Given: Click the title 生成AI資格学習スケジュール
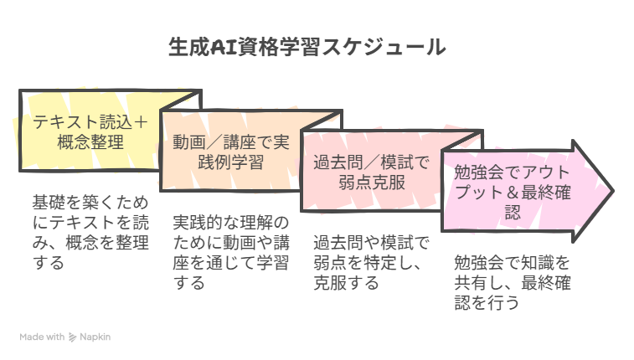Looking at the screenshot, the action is pyautogui.click(x=307, y=47).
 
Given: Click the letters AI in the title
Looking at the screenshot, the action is pyautogui.click(x=224, y=47).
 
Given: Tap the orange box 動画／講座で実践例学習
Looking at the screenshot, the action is pyautogui.click(x=231, y=152).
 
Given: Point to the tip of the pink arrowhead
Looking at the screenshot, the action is pyautogui.click(x=614, y=191).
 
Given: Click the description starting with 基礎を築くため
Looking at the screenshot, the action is pyautogui.click(x=90, y=232).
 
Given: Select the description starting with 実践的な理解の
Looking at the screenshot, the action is pyautogui.click(x=231, y=253).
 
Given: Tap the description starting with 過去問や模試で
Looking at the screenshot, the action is pyautogui.click(x=371, y=263).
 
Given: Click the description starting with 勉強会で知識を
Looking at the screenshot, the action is pyautogui.click(x=512, y=282).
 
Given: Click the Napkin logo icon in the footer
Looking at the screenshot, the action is pyautogui.click(x=72, y=337).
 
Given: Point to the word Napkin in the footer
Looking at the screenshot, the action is pyautogui.click(x=95, y=337).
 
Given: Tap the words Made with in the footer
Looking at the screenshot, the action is pyautogui.click(x=42, y=337).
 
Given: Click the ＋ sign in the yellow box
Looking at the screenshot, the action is pyautogui.click(x=141, y=122).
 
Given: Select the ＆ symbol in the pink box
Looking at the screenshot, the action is pyautogui.click(x=513, y=193).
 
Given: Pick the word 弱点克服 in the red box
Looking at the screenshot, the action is pyautogui.click(x=372, y=183).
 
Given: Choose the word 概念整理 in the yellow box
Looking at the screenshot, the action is pyautogui.click(x=90, y=142).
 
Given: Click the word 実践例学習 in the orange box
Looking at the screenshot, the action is pyautogui.click(x=231, y=162).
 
